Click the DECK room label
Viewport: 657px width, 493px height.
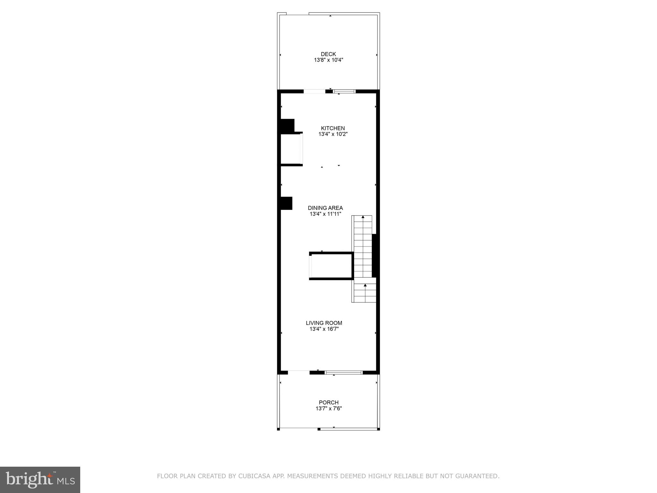click(x=328, y=54)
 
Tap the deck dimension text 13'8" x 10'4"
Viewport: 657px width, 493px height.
click(x=328, y=60)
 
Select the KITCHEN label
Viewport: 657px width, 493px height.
click(x=333, y=128)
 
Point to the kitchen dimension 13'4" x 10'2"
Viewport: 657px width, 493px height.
click(x=333, y=134)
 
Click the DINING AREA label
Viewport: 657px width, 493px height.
click(x=325, y=208)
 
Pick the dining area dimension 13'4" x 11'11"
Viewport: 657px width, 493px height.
click(x=325, y=214)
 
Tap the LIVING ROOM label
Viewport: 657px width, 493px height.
click(x=324, y=323)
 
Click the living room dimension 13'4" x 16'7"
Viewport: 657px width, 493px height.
click(x=324, y=329)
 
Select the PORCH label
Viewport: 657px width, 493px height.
click(x=328, y=402)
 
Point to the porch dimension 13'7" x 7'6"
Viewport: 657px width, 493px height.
click(x=328, y=409)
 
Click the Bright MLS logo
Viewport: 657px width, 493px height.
click(x=40, y=480)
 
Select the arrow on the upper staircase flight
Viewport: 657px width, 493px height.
click(x=363, y=217)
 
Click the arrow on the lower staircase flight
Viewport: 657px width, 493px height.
click(x=365, y=285)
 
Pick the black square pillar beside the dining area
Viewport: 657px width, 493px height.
click(x=286, y=203)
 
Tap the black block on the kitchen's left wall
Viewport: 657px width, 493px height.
click(x=287, y=126)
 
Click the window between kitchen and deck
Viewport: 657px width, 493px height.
click(x=345, y=91)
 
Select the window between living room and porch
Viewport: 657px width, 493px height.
click(x=344, y=373)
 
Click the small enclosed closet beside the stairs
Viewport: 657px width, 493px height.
click(x=332, y=266)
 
